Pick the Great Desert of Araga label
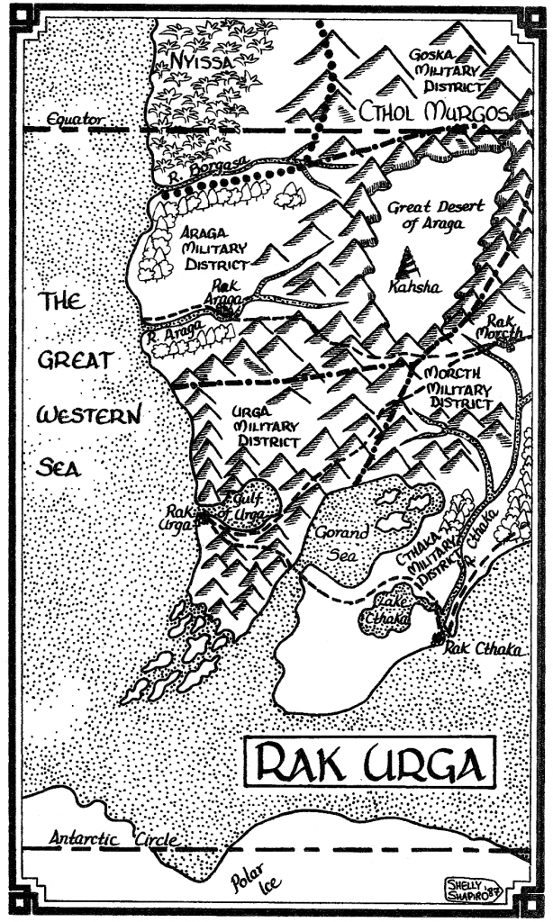click(435, 215)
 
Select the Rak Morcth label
click(503, 327)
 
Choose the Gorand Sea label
click(342, 540)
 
